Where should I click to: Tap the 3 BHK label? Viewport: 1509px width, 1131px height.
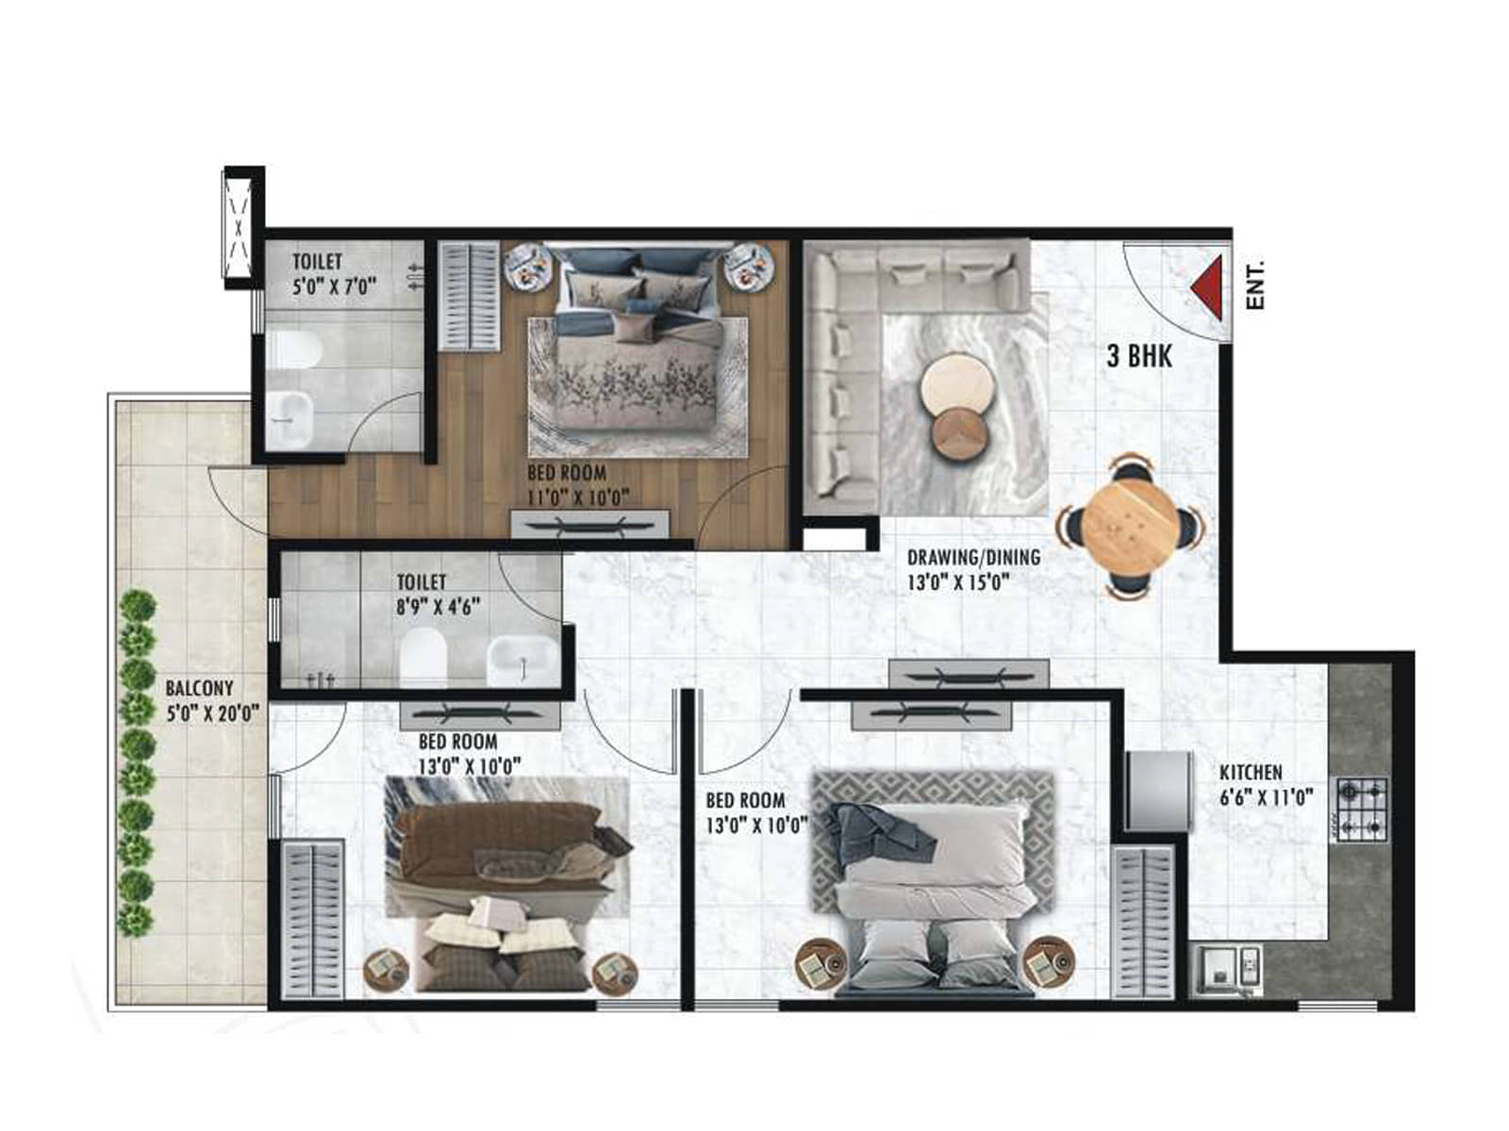(x=1139, y=356)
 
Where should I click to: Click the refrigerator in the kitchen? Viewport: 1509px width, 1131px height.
(x=1156, y=790)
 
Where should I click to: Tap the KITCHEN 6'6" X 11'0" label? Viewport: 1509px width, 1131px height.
(x=1265, y=785)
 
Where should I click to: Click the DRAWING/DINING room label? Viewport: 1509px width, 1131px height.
(x=973, y=569)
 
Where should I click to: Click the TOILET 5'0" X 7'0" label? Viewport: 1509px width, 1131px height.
(x=334, y=273)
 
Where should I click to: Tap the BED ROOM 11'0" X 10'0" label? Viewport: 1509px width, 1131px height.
(x=577, y=485)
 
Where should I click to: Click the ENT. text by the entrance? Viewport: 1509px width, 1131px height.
(x=1255, y=286)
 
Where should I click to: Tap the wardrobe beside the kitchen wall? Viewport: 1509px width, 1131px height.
(x=1142, y=922)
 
